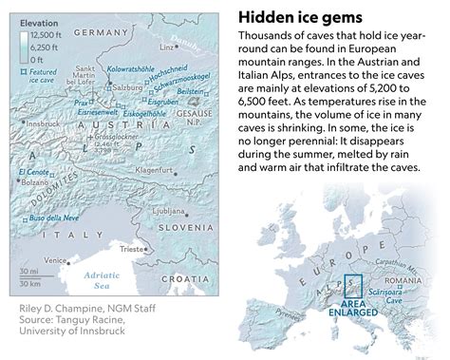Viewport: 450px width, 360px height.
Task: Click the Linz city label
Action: tap(167, 45)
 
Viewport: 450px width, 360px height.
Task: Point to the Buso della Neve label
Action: tap(52, 218)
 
